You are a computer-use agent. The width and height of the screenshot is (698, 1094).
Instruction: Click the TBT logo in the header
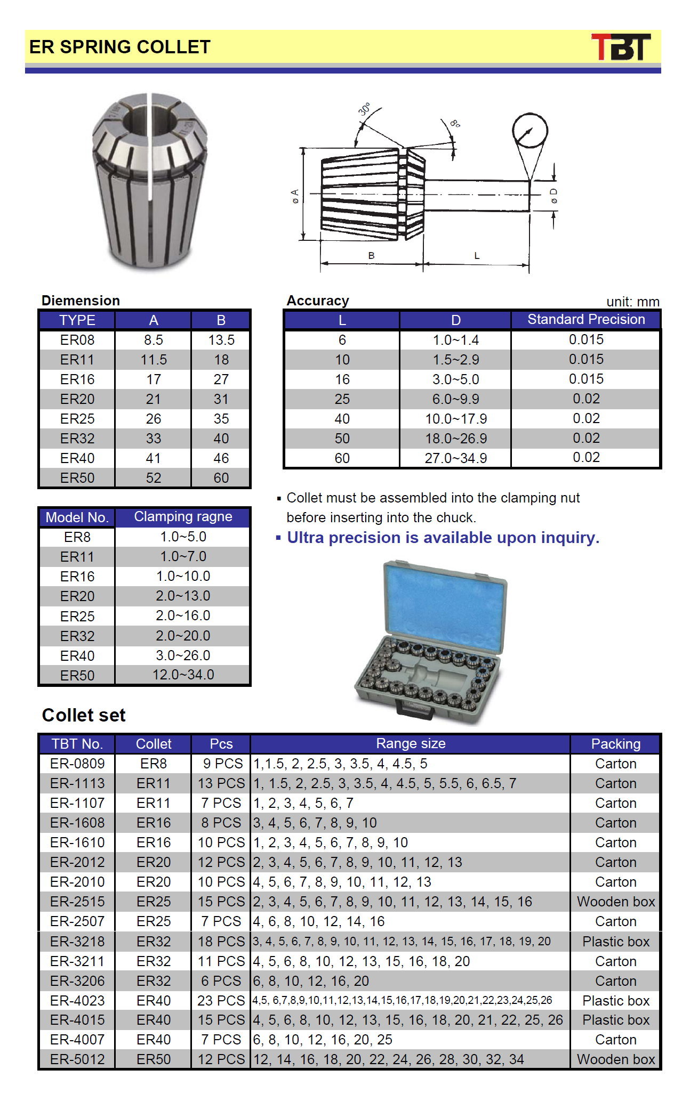pos(621,47)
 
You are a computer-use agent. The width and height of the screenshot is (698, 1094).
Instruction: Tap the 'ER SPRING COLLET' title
pos(120,47)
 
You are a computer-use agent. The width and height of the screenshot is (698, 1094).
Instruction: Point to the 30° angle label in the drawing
pos(365,109)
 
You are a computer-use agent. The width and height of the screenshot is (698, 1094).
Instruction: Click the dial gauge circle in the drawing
pos(530,131)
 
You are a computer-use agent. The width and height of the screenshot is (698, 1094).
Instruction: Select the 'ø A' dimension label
pos(295,196)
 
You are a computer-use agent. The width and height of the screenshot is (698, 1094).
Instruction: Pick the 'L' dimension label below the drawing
pos(477,256)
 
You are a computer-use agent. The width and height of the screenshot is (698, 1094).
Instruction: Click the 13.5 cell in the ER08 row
pos(221,340)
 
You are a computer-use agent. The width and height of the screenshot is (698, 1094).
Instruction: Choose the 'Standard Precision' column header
pos(586,319)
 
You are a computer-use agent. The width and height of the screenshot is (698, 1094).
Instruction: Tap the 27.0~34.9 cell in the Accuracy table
pos(455,458)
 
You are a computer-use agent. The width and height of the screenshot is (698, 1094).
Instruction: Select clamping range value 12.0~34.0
pos(183,675)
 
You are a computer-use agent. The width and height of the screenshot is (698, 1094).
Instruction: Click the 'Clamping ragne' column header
pos(183,516)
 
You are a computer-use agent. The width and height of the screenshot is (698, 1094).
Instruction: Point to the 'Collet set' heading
pos(84,715)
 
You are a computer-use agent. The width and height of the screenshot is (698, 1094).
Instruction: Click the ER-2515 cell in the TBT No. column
pos(77,902)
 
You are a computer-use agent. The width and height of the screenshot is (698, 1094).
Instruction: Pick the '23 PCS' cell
pos(221,1001)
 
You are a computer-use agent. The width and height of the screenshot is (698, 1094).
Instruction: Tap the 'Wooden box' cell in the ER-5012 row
pos(616,1059)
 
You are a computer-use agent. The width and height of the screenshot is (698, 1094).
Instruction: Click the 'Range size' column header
pos(411,743)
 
